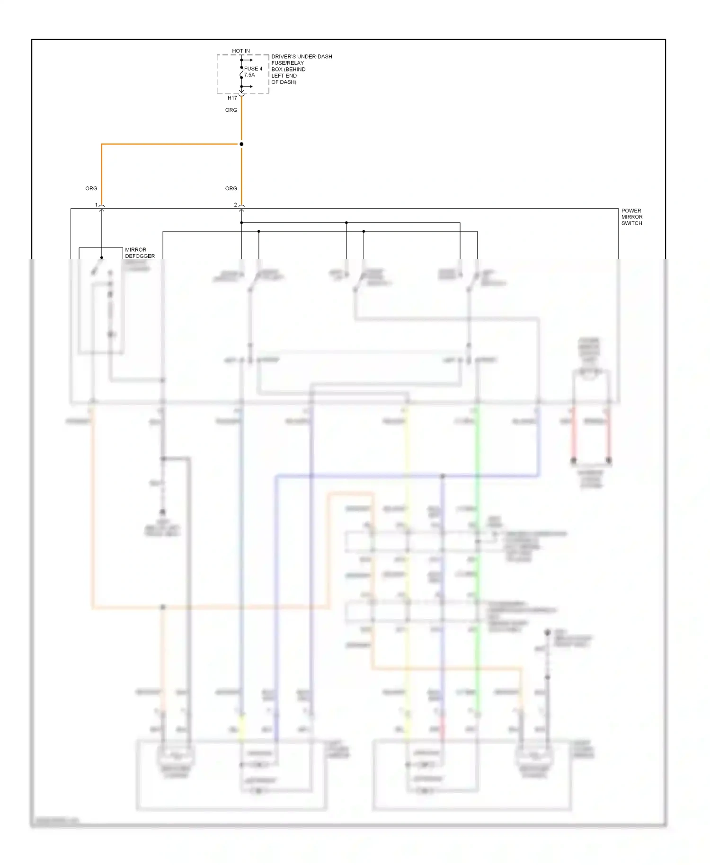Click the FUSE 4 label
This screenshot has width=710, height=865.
253,69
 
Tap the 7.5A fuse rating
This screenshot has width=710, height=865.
249,75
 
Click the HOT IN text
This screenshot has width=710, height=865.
241,51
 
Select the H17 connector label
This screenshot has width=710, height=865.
232,98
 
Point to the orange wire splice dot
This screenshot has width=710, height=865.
241,144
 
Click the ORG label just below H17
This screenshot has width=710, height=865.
231,110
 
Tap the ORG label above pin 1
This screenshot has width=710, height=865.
91,188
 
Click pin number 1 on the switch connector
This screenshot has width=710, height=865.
96,205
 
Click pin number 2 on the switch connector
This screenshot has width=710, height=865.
235,205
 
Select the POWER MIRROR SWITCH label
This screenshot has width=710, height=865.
631,217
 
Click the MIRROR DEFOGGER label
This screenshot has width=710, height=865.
140,253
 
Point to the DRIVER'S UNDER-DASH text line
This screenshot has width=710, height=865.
302,56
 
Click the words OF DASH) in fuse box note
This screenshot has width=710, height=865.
284,82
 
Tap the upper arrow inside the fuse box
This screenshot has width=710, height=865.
248,60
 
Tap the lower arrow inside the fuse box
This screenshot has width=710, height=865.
248,87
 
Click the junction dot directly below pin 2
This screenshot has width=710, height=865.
241,222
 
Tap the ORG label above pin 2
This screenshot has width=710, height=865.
231,188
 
